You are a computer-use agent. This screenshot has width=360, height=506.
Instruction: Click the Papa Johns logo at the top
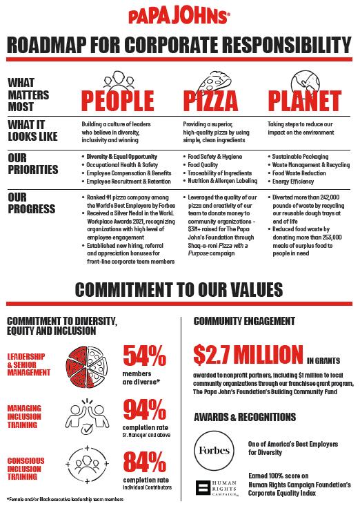click(x=180, y=17)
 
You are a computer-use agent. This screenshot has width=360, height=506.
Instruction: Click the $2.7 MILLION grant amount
click(x=247, y=354)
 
